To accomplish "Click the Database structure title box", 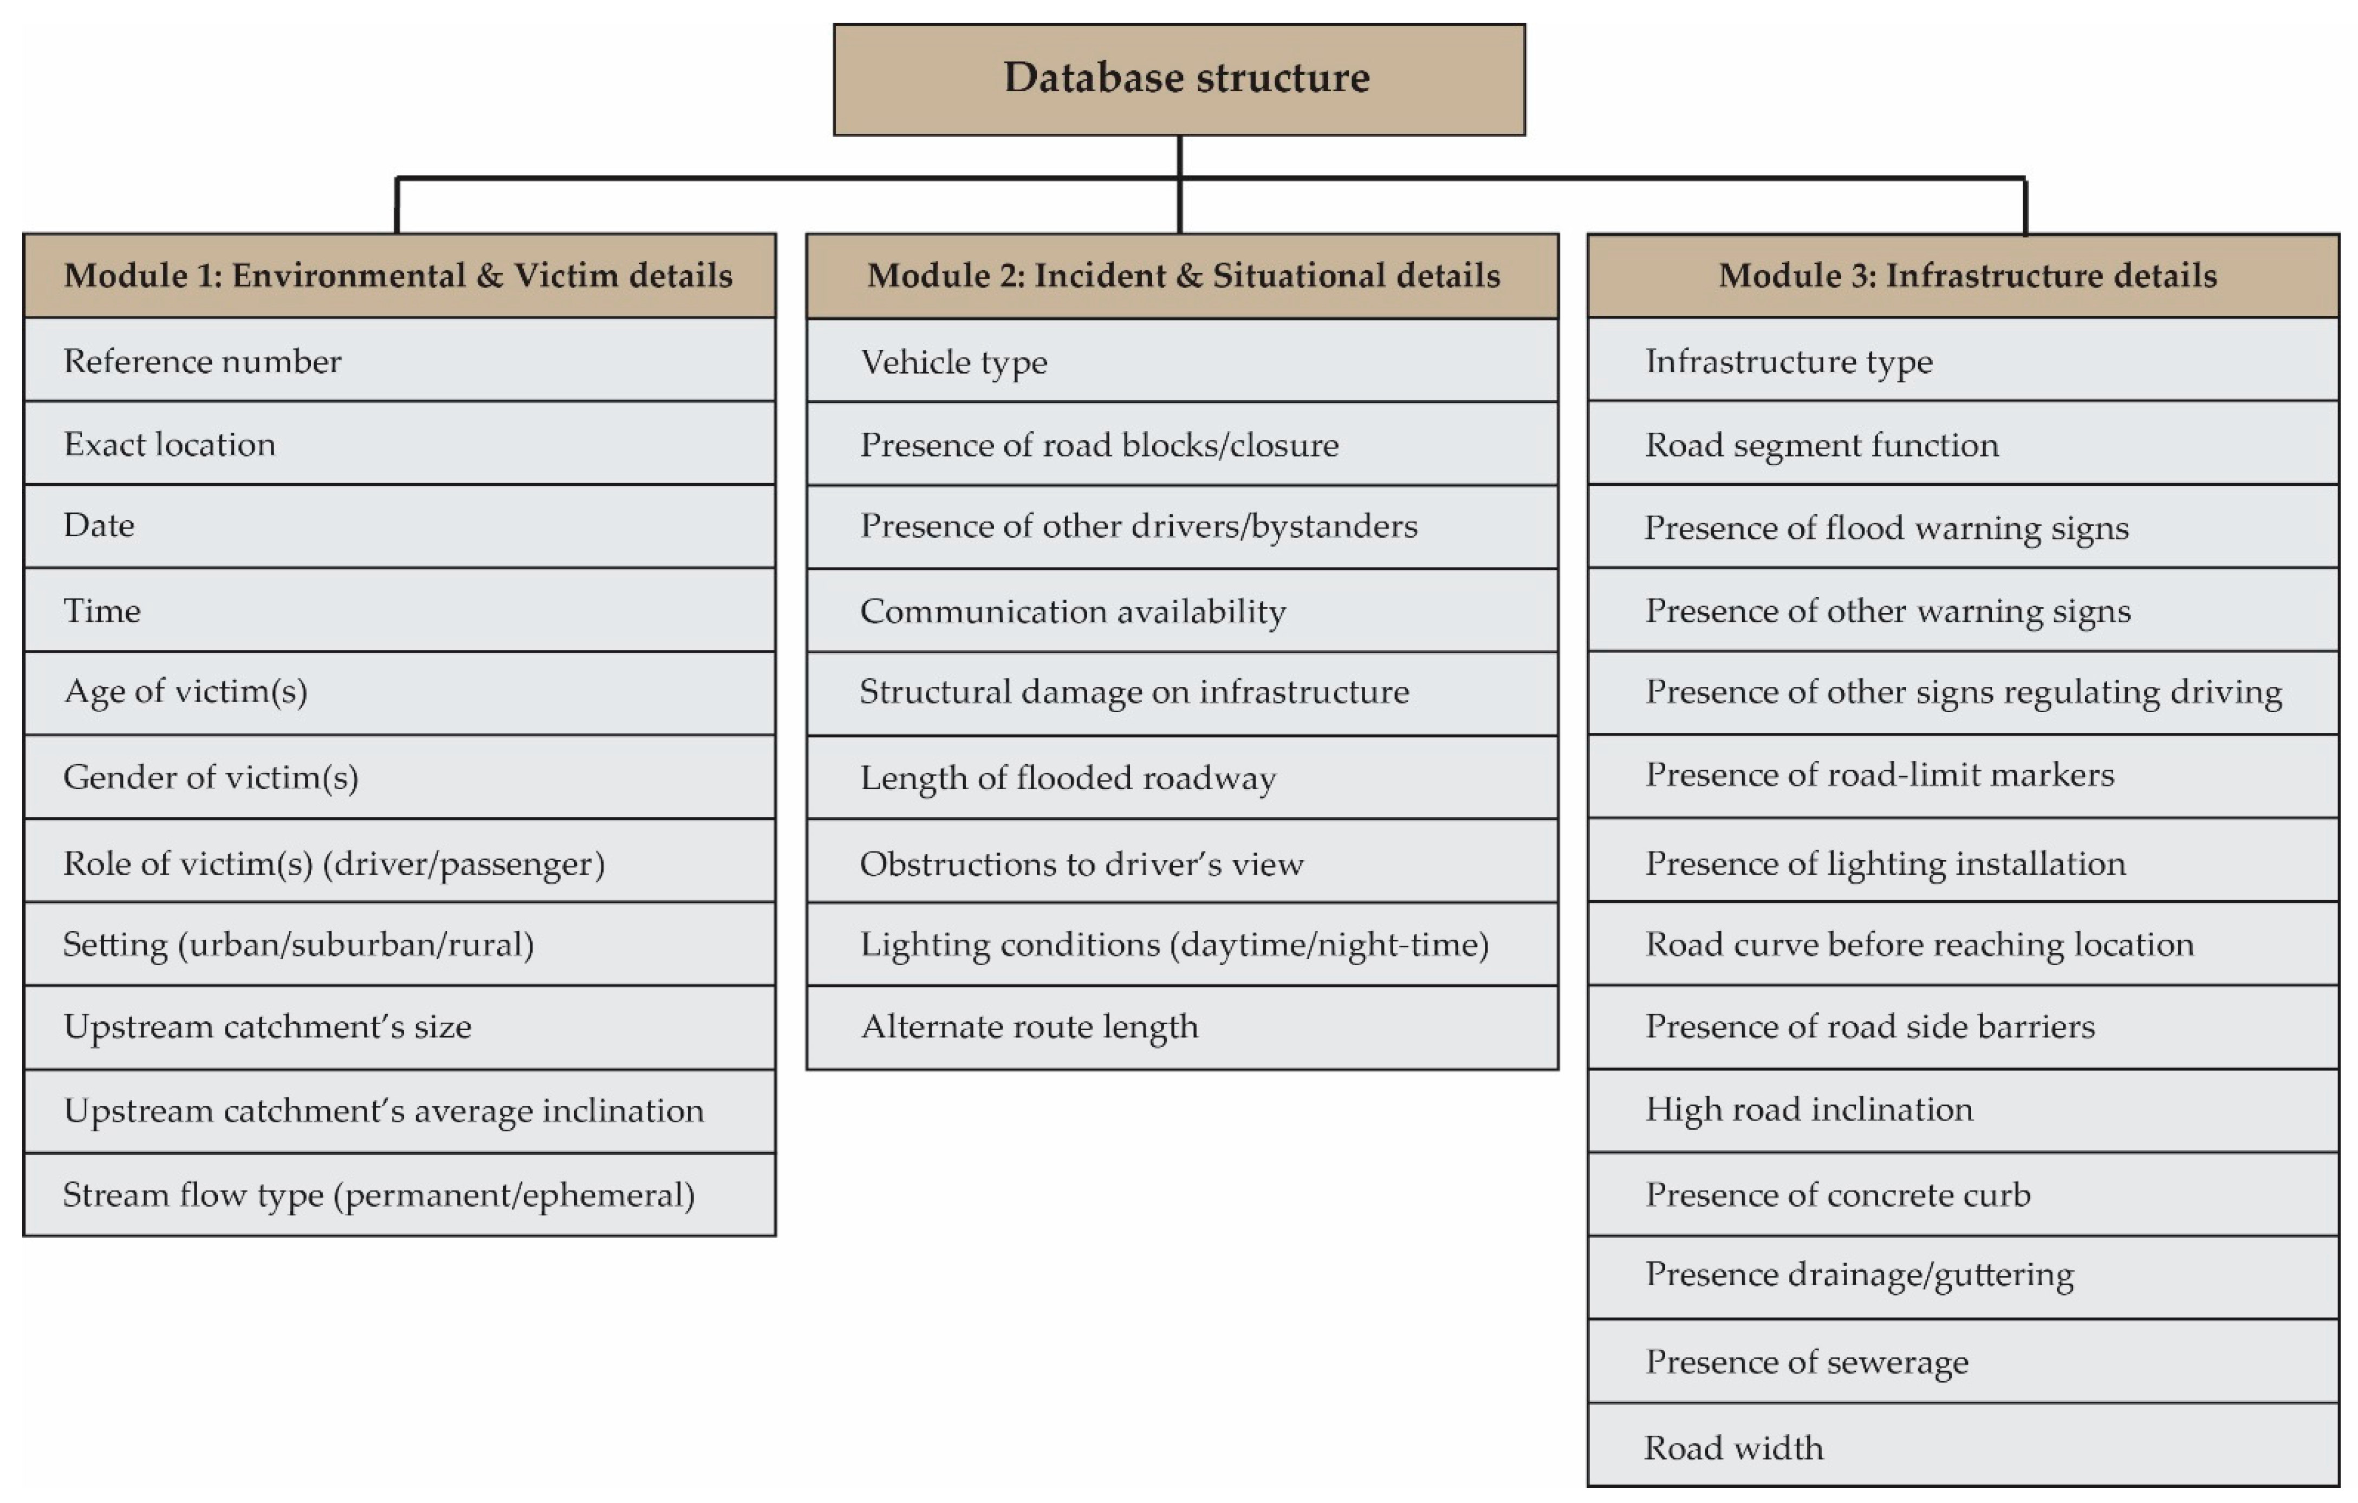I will pyautogui.click(x=1179, y=79).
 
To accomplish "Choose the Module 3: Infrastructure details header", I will pyautogui.click(x=1963, y=275).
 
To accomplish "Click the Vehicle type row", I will pyautogui.click(x=1182, y=361).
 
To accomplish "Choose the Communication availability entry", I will pyautogui.click(x=1182, y=611).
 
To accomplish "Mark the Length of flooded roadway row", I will pyautogui.click(x=1182, y=777).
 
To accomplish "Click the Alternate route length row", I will pyautogui.click(x=1182, y=1026).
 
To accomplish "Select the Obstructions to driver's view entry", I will pyautogui.click(x=1182, y=863).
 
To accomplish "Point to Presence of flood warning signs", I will pyautogui.click(x=1963, y=527).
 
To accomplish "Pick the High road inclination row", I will pyautogui.click(x=1963, y=1109).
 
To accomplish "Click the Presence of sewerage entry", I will pyautogui.click(x=1963, y=1361).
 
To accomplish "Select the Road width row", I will pyautogui.click(x=1963, y=1446).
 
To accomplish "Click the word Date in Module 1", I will pyautogui.click(x=99, y=526).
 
